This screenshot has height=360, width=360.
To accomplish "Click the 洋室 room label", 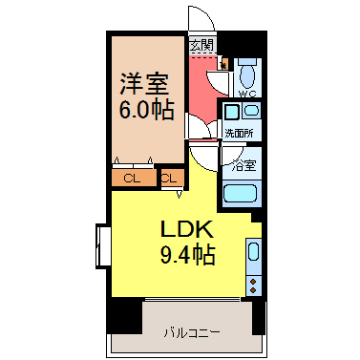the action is pos(144,85).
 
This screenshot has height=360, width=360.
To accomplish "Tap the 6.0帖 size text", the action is pos(147,110).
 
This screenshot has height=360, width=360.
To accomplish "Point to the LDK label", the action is pos(187,229).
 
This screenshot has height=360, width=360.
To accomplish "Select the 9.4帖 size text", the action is pos(187,255).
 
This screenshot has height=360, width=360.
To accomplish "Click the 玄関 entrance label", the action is pos(202,46).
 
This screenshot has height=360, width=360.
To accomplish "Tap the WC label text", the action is pos(247,94).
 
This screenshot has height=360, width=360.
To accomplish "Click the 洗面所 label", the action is pos(239,133).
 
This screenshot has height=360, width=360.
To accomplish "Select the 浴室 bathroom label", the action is pos(244,165).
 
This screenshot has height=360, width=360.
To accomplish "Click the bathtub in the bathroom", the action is pos(240,193).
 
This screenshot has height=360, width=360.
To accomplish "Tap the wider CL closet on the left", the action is pos(134,179).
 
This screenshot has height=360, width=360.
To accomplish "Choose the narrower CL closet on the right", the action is pos(173,179).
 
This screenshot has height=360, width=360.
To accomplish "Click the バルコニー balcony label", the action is pos(192,333).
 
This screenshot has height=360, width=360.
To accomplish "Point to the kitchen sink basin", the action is pos(253,252).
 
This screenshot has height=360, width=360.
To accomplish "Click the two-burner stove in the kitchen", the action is pos(253,286).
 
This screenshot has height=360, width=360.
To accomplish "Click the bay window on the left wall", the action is pos(103,245).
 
